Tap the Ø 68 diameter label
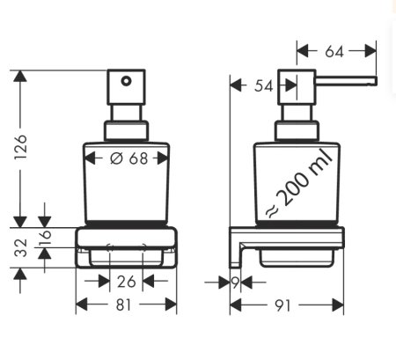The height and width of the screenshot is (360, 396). (x=128, y=158)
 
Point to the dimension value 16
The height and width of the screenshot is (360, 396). (x=47, y=238)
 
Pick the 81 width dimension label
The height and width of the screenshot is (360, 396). (x=127, y=305)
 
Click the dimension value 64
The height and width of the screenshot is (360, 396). (x=334, y=52)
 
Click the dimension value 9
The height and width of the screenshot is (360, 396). (x=235, y=282)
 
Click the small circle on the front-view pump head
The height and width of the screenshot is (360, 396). (x=126, y=84)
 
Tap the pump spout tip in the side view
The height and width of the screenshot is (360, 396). (x=373, y=82)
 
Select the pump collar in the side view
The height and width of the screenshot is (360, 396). (x=292, y=131)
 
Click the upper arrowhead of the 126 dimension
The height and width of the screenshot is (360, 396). (x=19, y=77)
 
